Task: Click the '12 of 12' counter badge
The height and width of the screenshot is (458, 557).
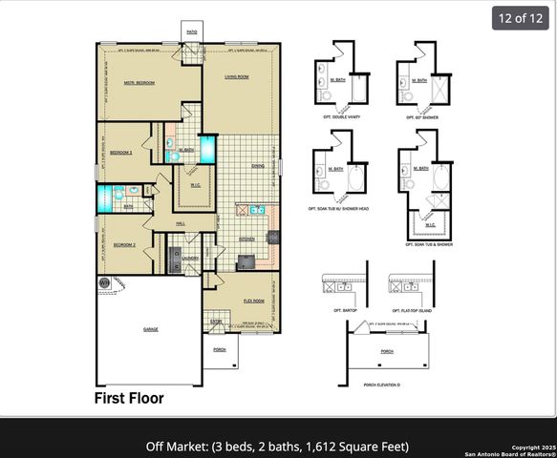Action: (x=519, y=17)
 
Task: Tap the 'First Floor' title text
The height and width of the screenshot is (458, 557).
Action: (x=128, y=398)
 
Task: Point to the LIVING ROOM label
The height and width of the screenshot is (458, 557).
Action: (x=236, y=77)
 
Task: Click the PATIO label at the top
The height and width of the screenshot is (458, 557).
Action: (x=192, y=31)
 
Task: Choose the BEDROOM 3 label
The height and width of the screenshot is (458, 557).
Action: (x=121, y=153)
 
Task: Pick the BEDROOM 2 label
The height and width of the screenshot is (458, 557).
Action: (x=125, y=245)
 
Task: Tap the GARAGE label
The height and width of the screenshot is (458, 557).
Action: (x=150, y=328)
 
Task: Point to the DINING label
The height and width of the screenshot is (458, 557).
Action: (x=258, y=165)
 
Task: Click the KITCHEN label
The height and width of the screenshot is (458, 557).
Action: (x=246, y=239)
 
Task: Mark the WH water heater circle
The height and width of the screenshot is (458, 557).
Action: (x=104, y=282)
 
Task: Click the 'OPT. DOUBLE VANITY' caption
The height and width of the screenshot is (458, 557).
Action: (x=339, y=117)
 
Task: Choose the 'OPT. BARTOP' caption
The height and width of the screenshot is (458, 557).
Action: (x=338, y=311)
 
